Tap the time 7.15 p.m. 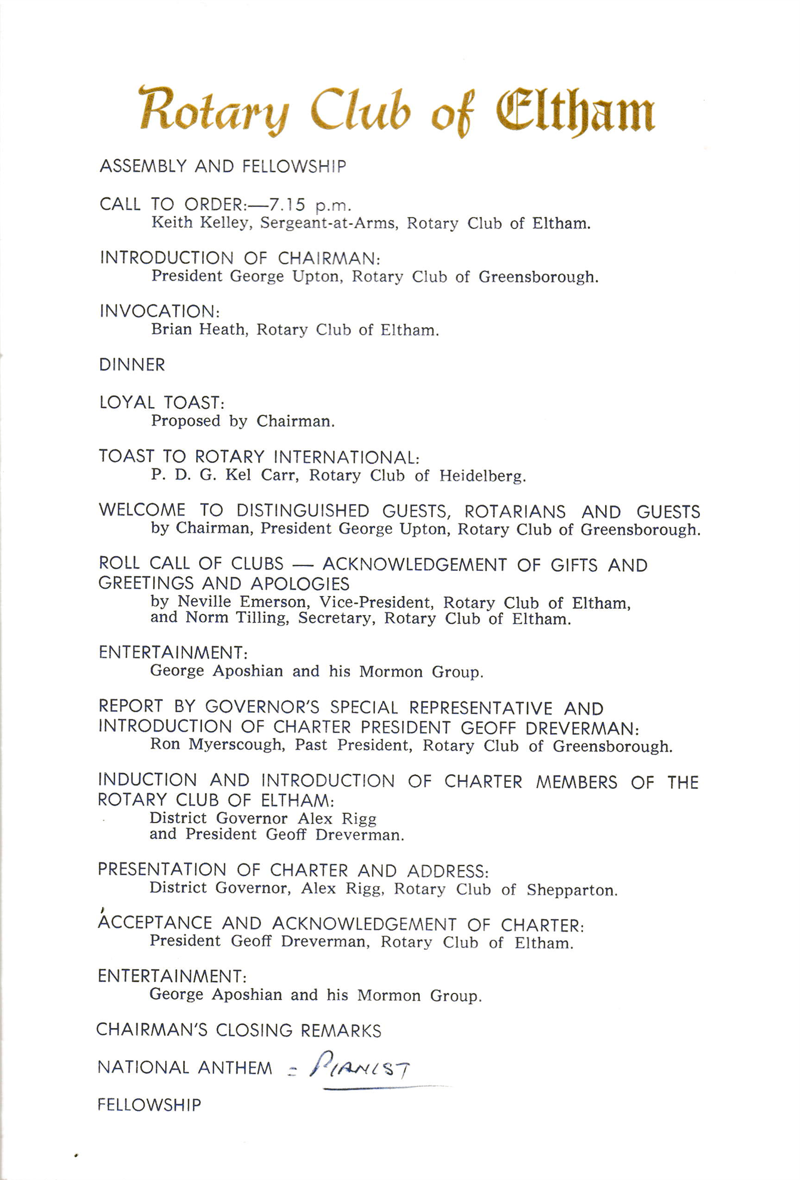point(310,206)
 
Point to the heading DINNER point(132,365)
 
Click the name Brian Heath point(198,330)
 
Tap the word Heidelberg point(482,476)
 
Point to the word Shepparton point(571,890)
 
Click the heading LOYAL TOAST point(162,403)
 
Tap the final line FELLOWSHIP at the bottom point(149,1105)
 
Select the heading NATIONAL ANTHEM point(185,1068)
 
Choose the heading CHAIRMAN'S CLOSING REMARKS point(238,1030)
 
